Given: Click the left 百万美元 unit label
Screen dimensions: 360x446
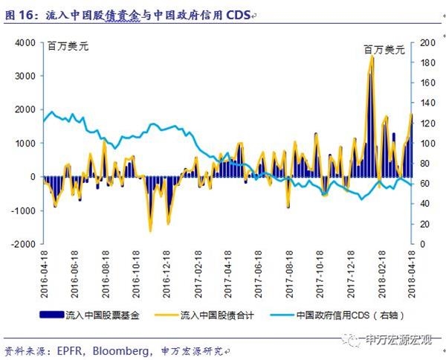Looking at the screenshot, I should pos(68,46).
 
